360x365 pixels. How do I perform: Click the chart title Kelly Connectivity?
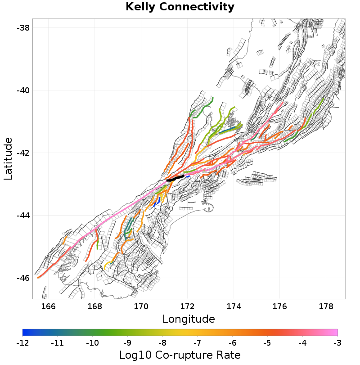click(x=180, y=7)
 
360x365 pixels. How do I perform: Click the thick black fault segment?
click(x=175, y=178)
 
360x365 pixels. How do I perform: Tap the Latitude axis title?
click(x=9, y=159)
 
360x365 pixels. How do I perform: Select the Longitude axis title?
click(x=189, y=319)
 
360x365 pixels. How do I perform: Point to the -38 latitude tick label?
click(x=23, y=28)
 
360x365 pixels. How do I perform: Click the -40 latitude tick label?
click(x=23, y=90)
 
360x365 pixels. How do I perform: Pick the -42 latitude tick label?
click(x=23, y=153)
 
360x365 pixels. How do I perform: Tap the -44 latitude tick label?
click(x=23, y=216)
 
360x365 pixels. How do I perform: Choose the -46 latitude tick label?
click(x=23, y=278)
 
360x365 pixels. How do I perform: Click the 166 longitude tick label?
click(x=48, y=307)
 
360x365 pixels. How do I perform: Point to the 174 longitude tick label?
click(x=234, y=307)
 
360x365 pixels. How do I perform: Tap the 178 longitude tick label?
click(x=327, y=307)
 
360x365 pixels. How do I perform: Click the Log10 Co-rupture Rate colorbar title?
click(x=180, y=355)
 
